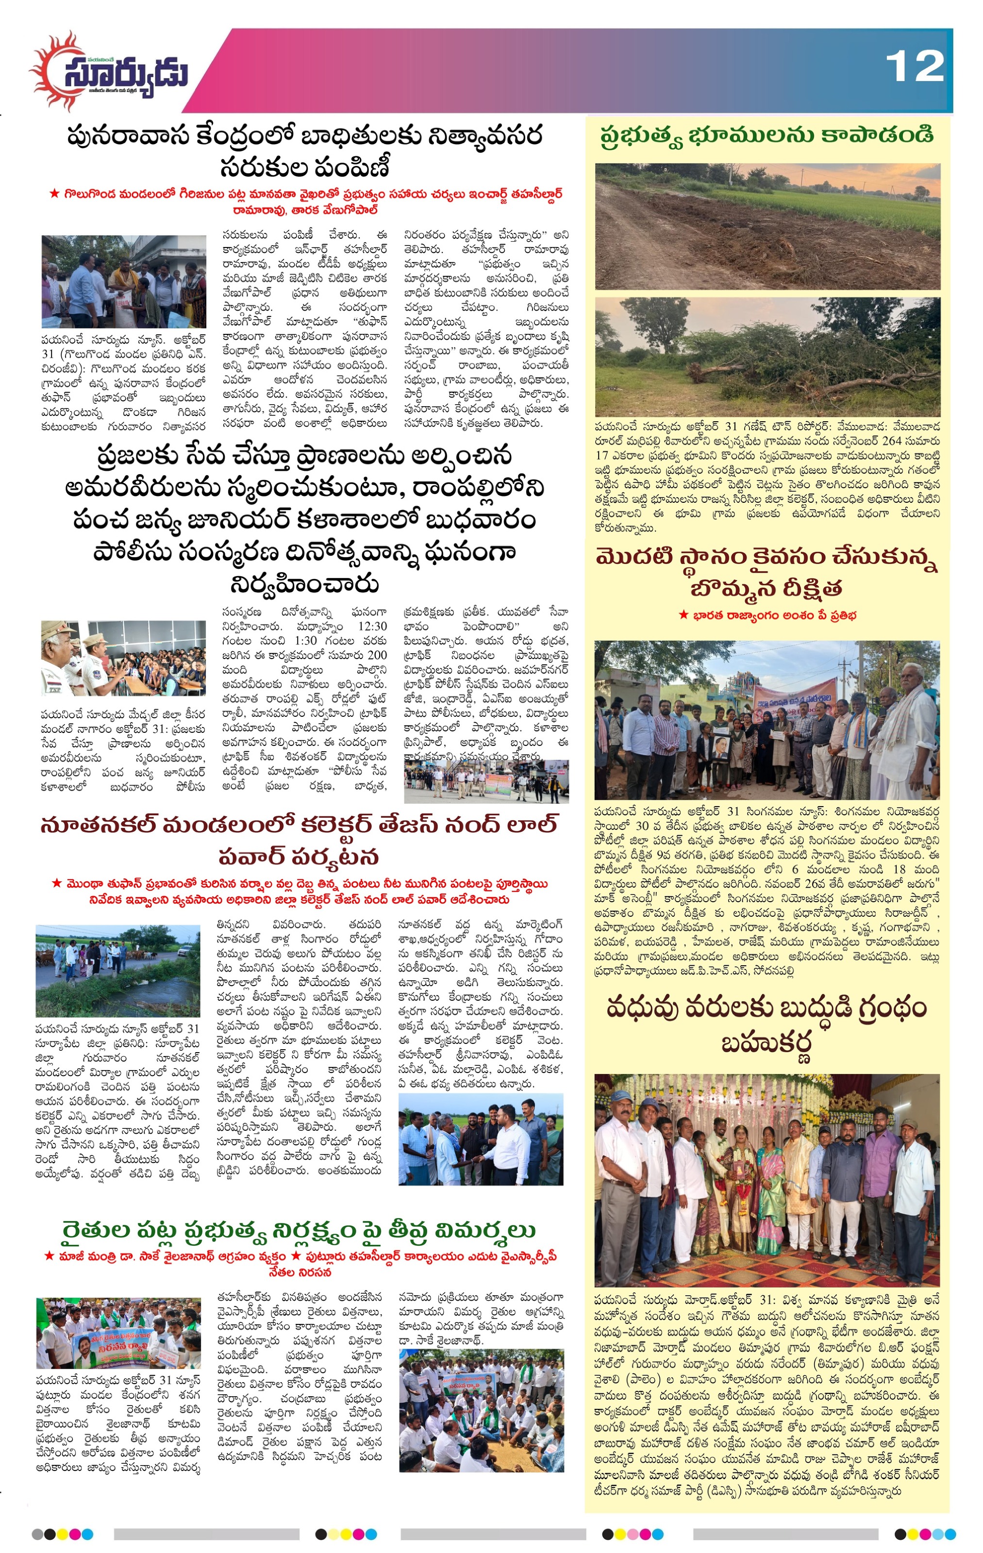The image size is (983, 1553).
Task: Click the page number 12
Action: [x=914, y=67]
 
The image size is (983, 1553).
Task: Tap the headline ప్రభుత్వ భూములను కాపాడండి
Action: [x=766, y=136]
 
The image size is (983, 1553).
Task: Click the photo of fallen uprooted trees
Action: [x=767, y=356]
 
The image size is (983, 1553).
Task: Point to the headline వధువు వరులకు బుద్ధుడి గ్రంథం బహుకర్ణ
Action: [x=766, y=1025]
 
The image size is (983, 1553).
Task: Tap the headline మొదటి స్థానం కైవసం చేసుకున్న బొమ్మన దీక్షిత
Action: [x=766, y=572]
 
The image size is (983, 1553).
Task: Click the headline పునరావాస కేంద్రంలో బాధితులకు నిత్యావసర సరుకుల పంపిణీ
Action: [x=304, y=151]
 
